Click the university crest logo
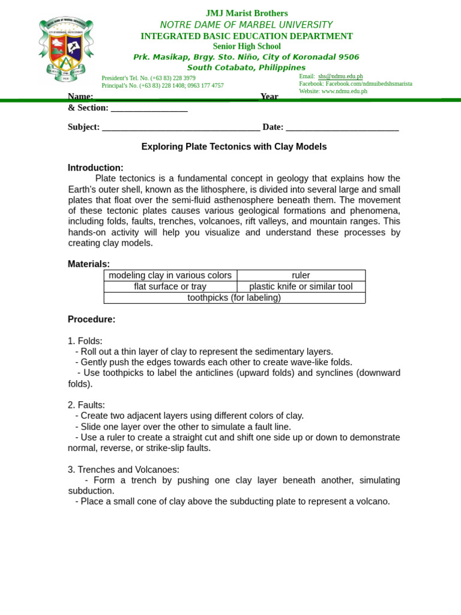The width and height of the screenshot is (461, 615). (66, 49)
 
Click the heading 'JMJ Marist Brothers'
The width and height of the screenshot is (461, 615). (247, 13)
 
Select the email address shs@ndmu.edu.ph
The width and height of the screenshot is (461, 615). (340, 76)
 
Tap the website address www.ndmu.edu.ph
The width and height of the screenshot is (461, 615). (344, 91)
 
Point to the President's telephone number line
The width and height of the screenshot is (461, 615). (148, 78)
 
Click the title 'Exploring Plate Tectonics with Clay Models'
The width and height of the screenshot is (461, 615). (234, 147)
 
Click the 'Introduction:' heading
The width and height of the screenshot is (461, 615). (95, 168)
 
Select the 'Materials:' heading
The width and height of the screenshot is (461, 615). (89, 264)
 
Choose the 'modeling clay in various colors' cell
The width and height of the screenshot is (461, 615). (170, 275)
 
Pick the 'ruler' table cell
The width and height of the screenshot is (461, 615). (301, 275)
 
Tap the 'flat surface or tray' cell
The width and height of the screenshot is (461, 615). (170, 286)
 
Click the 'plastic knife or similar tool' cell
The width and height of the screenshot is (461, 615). (301, 286)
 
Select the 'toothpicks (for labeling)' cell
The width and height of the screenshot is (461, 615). (234, 297)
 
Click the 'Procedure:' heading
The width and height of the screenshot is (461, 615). (91, 320)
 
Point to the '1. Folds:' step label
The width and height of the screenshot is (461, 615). (85, 341)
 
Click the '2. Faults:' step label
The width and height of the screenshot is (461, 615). (86, 405)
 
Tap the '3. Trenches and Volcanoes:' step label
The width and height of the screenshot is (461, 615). (123, 470)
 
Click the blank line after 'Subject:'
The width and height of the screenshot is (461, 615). (181, 128)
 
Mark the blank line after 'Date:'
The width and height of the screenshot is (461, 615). (342, 128)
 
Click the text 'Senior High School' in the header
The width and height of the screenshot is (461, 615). (247, 46)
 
